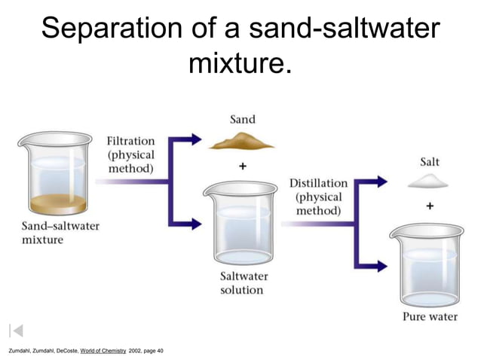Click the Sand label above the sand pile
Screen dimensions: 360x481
[x=242, y=119]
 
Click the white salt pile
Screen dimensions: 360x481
[x=427, y=181]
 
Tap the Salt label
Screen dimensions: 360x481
[x=430, y=162]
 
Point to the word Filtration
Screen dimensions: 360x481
[x=130, y=141]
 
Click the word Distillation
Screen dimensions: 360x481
[x=318, y=183]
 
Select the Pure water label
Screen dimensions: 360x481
[x=430, y=316]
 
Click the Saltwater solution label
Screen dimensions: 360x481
[x=244, y=283]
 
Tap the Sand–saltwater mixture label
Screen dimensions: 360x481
[x=60, y=232]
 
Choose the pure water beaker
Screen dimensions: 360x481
[x=427, y=264]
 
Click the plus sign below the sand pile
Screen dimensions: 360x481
[x=243, y=168]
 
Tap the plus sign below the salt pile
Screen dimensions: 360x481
[x=429, y=205]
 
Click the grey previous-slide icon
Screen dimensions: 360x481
[x=17, y=330]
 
